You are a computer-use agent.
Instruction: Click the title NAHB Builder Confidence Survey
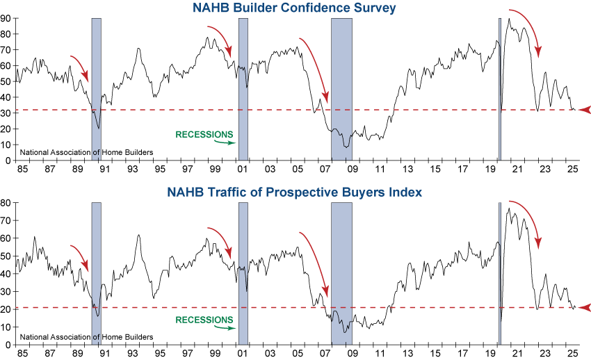point(295,8)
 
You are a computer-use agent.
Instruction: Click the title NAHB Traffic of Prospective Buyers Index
point(295,192)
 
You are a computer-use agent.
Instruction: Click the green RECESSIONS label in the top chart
point(204,133)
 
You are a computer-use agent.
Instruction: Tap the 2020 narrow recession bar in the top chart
point(500,89)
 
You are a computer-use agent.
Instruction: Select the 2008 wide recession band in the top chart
point(341,89)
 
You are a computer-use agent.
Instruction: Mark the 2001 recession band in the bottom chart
point(243,273)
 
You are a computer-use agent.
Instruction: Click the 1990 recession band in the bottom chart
point(97,273)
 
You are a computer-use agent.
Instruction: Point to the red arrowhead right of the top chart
point(584,110)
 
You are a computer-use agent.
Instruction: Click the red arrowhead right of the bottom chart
point(584,307)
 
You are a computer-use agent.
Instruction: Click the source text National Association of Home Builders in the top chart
point(86,152)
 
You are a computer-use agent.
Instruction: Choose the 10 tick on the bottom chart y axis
point(8,327)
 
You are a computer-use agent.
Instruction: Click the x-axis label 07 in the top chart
point(325,169)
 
